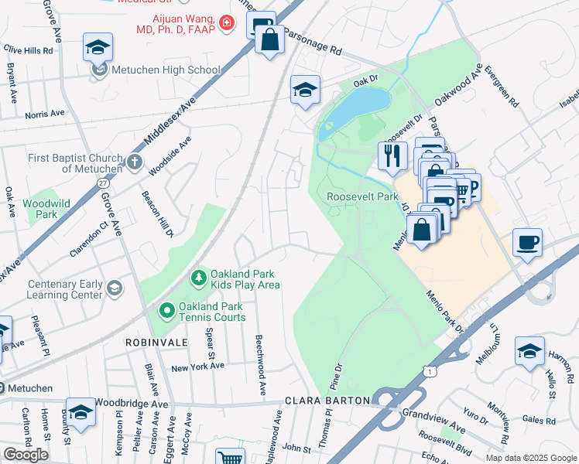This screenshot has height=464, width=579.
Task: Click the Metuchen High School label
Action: tap(165, 70)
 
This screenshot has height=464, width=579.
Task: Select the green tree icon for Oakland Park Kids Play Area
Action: tap(198, 277)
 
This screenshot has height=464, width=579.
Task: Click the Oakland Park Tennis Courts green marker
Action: tap(166, 311)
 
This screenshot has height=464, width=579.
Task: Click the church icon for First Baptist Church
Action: tap(135, 162)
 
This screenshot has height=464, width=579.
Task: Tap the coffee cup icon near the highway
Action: tap(527, 243)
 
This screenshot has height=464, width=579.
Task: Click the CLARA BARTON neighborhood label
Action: tap(327, 401)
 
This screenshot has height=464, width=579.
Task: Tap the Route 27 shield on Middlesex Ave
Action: tap(103, 183)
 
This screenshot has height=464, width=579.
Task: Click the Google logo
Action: tap(26, 455)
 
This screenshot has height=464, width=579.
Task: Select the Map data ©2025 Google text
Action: tap(530, 458)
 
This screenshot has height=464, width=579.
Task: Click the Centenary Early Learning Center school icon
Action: tap(115, 288)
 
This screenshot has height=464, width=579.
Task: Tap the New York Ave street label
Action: tap(197, 367)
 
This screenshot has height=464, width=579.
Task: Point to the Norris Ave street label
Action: tap(44, 114)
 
